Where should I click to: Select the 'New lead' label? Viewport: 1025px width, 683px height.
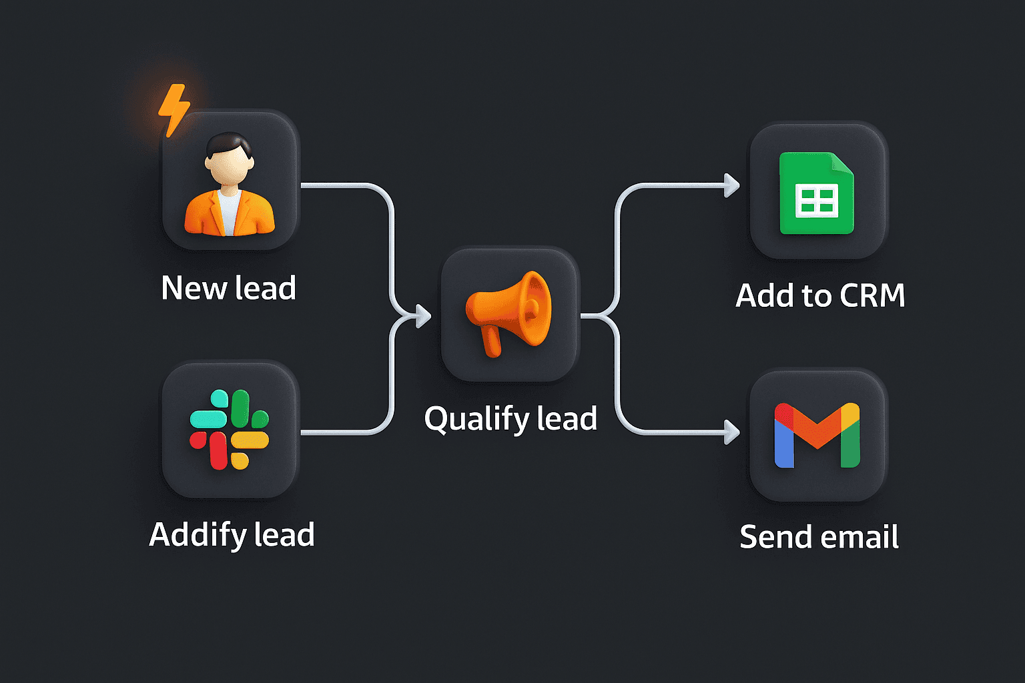(x=228, y=288)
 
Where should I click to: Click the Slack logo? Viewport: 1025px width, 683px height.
(x=229, y=430)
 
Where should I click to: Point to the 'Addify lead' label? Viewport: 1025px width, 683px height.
(x=232, y=535)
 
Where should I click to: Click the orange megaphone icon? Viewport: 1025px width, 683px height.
(x=510, y=312)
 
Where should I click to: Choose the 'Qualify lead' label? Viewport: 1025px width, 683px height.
(x=510, y=419)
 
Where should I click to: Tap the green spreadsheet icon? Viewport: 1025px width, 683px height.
(x=817, y=193)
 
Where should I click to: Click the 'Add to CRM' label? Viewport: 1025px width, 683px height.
(x=820, y=295)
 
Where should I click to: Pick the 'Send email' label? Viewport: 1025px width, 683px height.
(x=819, y=537)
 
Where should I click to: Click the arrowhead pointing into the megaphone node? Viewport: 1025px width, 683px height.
(x=423, y=315)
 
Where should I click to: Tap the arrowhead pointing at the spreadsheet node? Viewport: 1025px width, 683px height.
(x=732, y=185)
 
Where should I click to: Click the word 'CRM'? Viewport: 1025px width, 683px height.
(x=872, y=295)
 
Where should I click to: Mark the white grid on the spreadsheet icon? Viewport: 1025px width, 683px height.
(x=816, y=201)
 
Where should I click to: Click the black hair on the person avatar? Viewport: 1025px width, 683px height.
(x=228, y=143)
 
